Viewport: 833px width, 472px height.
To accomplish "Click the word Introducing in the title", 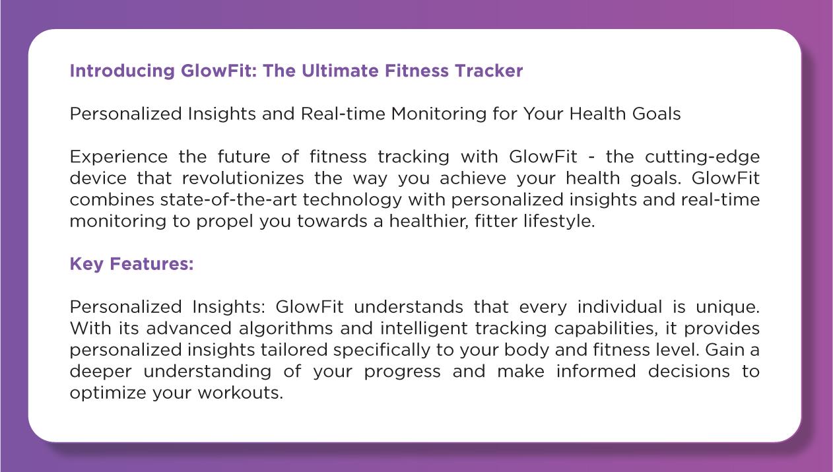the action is [x=122, y=71].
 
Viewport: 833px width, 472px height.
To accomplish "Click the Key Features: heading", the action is [x=131, y=264].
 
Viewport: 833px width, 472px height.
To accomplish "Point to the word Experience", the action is [x=119, y=157].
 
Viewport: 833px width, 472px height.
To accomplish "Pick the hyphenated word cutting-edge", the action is [x=702, y=157].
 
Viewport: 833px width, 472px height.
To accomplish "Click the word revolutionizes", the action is [x=243, y=178].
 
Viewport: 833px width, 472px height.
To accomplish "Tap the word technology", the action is [x=352, y=200].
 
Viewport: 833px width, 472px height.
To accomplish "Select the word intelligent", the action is [x=424, y=329].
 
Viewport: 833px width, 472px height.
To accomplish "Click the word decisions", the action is [x=688, y=372].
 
